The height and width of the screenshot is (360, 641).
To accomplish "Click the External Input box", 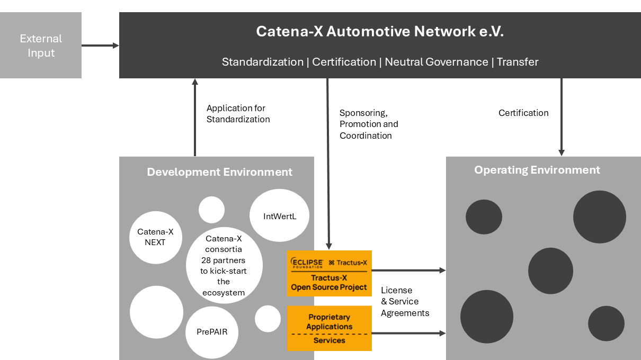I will [41, 46].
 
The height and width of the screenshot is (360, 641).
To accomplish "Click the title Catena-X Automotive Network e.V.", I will [380, 31].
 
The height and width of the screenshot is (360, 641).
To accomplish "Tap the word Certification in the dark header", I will [344, 62].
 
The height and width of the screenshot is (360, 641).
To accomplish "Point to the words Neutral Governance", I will [436, 62].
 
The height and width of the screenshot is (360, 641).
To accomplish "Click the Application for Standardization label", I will [238, 114].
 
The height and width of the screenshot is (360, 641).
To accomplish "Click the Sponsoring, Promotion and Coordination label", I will [369, 124].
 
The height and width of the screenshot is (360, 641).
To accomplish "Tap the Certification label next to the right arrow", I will [523, 113].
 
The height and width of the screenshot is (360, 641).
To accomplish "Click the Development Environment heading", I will [219, 172].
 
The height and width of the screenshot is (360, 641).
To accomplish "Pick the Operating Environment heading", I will [537, 170].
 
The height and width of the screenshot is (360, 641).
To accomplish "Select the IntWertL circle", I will [279, 216].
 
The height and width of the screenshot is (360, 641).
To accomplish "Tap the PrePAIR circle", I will [212, 332].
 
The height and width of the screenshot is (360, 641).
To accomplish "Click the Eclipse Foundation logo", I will [307, 263].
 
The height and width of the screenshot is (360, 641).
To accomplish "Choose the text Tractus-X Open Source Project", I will [329, 283].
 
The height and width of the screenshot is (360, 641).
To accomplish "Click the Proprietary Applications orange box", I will [329, 322].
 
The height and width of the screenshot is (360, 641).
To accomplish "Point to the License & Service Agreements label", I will [405, 302].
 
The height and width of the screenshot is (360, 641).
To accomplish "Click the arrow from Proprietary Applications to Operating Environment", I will [408, 333].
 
